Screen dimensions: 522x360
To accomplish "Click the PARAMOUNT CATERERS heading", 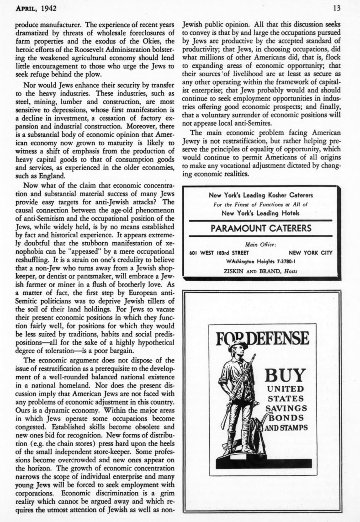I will coord(261,228).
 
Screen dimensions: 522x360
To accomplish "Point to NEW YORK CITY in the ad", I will coord(311,253).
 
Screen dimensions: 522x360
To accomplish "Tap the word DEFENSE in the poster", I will coord(278,339).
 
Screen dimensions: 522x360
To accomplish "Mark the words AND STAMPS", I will coord(286,428).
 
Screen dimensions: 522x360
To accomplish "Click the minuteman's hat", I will coord(238,344).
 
